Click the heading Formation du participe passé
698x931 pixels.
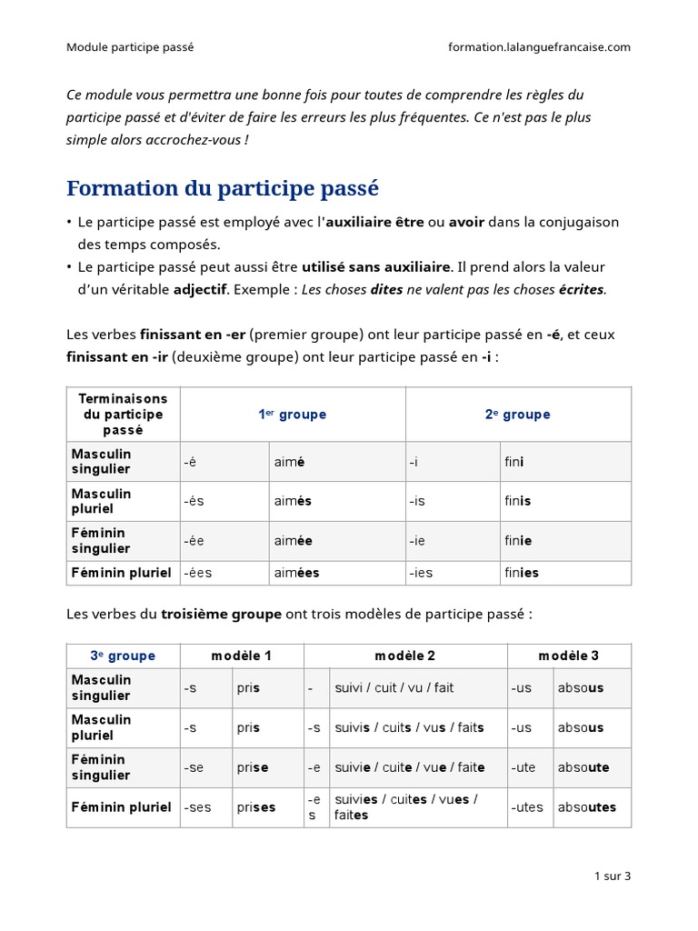pos(223,189)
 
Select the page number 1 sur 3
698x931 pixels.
pos(612,876)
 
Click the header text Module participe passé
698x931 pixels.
pos(130,47)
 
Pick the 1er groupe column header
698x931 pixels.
pos(292,415)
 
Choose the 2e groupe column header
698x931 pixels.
pos(517,415)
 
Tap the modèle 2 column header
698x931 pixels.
pos(404,656)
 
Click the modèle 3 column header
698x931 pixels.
pos(568,656)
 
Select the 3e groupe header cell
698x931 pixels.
pos(123,656)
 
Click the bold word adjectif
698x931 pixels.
pos(201,290)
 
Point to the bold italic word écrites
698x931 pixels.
pos(581,290)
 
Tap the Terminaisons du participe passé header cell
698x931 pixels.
pos(123,415)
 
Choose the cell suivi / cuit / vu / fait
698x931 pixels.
pos(394,688)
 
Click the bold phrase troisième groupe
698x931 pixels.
pos(221,615)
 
